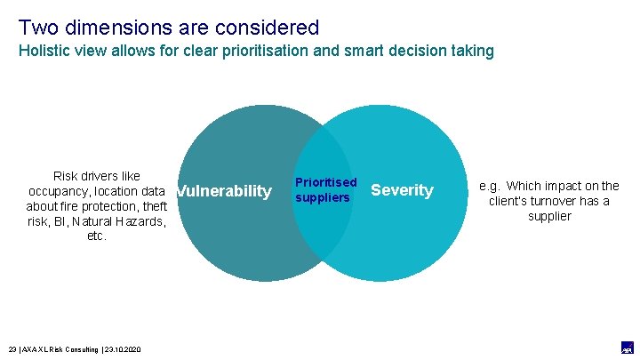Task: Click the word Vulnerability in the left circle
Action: click(x=224, y=191)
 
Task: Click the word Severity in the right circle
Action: click(x=402, y=190)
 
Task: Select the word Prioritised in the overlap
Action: click(x=325, y=182)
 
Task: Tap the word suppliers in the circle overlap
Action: click(x=323, y=197)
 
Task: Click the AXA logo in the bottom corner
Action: click(x=627, y=348)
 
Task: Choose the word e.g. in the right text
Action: click(x=491, y=186)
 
